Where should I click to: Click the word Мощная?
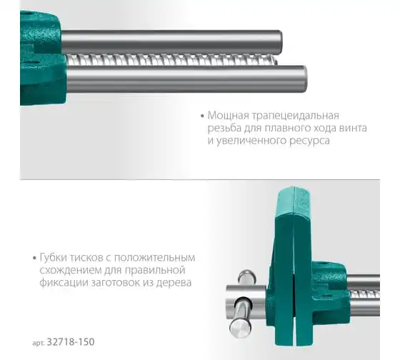(228, 116)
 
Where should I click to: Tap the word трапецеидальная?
(296, 116)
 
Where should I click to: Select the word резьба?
(224, 128)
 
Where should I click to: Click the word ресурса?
(309, 141)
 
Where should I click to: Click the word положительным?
(154, 258)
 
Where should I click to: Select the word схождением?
(71, 271)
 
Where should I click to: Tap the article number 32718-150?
(71, 341)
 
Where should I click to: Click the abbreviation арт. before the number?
(39, 343)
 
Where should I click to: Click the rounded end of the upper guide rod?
(279, 42)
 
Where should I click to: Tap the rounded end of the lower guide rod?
(304, 79)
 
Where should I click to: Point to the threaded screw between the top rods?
(171, 60)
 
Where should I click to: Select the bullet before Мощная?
(203, 116)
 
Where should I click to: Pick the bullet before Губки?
(35, 258)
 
